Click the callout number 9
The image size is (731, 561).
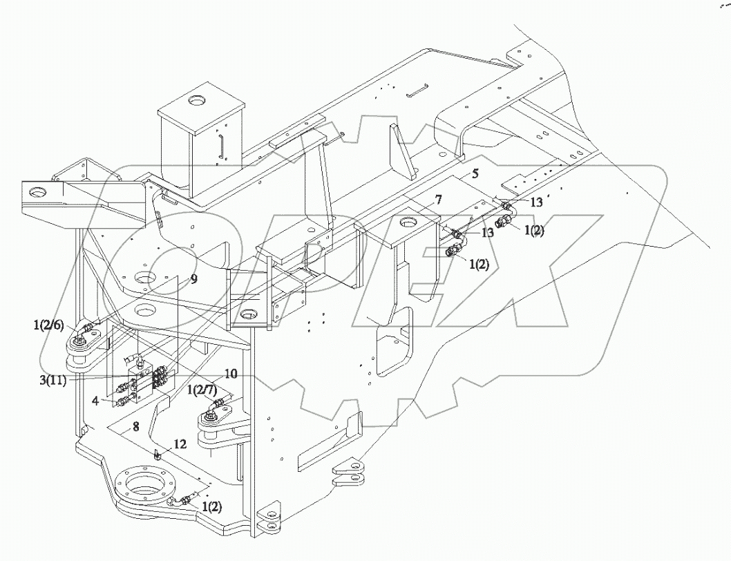click(194, 280)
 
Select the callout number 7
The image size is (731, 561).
click(437, 201)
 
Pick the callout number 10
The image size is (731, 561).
click(231, 374)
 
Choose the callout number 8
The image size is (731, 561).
click(136, 428)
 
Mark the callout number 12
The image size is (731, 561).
click(180, 445)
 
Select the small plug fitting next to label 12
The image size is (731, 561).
click(158, 454)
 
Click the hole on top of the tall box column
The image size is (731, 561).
click(198, 101)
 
